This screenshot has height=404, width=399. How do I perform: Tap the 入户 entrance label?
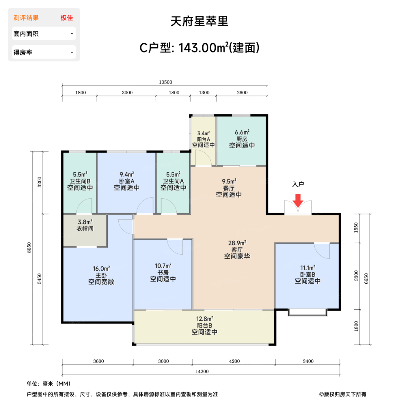pyautogui.click(x=298, y=184)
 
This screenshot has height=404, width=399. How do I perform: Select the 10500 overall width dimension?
pyautogui.click(x=165, y=82)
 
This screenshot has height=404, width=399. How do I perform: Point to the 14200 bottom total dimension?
pyautogui.click(x=202, y=371)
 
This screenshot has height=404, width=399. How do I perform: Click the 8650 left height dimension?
pyautogui.click(x=29, y=248)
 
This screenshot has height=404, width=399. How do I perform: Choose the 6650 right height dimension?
pyautogui.click(x=366, y=278)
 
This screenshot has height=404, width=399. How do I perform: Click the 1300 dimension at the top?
pyautogui.click(x=204, y=93)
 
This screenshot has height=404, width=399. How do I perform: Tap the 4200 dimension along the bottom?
pyautogui.click(x=234, y=361)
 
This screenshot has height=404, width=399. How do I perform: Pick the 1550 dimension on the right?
pyautogui.click(x=356, y=228)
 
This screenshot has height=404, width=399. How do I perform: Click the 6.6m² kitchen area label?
pyautogui.click(x=242, y=132)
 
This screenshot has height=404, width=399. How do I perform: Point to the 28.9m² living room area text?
pyautogui.click(x=237, y=243)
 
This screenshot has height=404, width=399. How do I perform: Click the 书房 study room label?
pyautogui.click(x=163, y=272)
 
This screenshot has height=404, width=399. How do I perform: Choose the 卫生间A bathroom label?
pyautogui.click(x=173, y=181)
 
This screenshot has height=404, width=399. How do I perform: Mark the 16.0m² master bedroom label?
pyautogui.click(x=101, y=269)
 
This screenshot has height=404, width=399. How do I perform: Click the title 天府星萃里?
pyautogui.click(x=199, y=21)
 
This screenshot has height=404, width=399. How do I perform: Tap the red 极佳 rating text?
pyautogui.click(x=67, y=18)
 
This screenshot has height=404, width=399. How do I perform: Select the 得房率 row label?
pyautogui.click(x=23, y=53)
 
